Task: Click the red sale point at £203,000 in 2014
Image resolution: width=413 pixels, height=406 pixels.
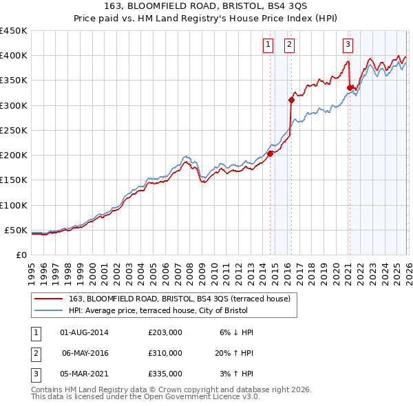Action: [271, 153]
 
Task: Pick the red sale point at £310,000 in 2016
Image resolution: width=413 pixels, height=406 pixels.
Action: [292, 100]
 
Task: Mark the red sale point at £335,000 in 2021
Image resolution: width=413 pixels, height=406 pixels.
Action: [350, 87]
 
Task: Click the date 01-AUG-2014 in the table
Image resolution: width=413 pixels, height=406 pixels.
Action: [84, 332]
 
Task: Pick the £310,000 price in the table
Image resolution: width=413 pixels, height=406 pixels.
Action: [165, 353]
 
